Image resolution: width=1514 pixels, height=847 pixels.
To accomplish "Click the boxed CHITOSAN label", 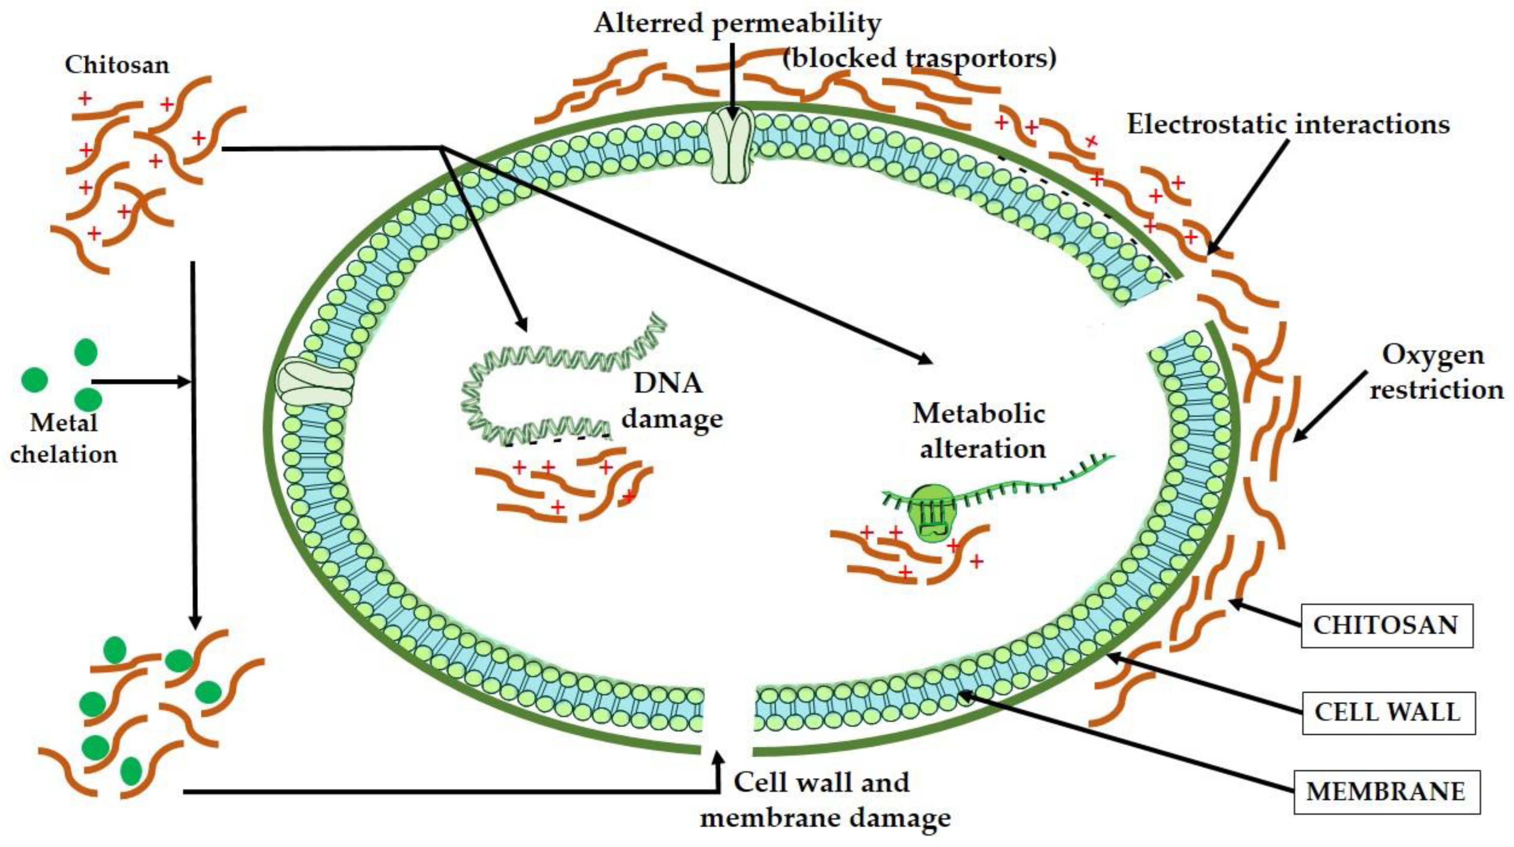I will [1386, 625].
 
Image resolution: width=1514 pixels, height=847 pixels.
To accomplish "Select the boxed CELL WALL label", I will [1387, 712].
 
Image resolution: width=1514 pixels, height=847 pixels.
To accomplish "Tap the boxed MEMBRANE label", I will [1386, 792].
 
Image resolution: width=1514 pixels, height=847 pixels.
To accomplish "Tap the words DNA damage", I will [671, 401].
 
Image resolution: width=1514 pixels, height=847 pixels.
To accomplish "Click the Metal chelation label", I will [63, 439].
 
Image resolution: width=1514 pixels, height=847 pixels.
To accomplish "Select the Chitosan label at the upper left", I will [117, 65].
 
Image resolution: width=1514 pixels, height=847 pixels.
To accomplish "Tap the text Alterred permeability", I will [737, 24].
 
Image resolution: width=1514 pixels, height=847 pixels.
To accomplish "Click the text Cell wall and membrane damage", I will [823, 799].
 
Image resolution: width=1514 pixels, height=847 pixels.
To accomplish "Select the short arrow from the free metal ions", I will [141, 382].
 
